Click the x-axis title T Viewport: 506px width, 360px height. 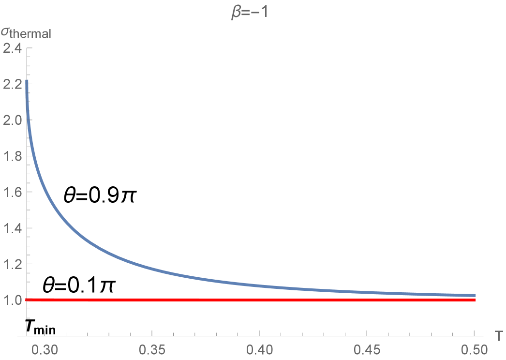498,334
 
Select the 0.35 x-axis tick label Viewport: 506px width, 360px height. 152,348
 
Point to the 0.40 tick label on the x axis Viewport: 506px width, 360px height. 259,348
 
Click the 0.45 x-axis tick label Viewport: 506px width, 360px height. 367,348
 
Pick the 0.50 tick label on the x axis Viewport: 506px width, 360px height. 474,348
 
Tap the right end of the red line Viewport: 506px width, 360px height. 475,300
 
